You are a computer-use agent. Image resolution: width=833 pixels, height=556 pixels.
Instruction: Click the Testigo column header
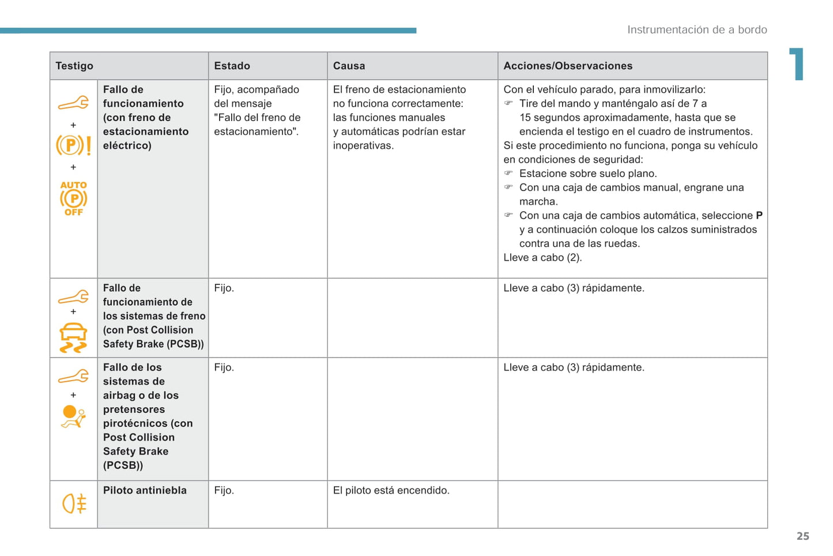[74, 66]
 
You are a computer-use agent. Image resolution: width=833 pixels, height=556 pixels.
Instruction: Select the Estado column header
[232, 66]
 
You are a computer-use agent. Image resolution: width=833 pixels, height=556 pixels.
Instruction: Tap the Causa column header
[349, 66]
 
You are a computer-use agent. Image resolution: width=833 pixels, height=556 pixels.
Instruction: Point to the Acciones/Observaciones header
[568, 66]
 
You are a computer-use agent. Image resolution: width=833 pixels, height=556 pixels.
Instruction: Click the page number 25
[802, 536]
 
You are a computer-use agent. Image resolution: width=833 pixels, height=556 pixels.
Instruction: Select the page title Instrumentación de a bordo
[697, 29]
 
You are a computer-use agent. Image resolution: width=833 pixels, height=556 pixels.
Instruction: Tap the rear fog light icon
[74, 504]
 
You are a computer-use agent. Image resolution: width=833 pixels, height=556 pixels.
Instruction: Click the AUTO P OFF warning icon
[74, 198]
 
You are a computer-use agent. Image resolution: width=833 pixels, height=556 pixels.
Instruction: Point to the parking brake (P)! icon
[73, 145]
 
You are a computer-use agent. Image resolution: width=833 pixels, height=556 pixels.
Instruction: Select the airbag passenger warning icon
[74, 416]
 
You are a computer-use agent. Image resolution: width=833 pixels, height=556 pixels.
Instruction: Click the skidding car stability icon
[73, 339]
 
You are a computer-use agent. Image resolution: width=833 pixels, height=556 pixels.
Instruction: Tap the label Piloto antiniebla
[145, 490]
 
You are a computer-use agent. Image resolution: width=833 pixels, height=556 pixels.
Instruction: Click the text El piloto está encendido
[391, 490]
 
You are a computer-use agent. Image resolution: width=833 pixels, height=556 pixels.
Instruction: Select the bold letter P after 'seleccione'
[759, 215]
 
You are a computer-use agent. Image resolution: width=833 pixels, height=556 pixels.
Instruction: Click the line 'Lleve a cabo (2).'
[542, 257]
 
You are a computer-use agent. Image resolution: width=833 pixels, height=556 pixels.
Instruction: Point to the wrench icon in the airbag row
[73, 377]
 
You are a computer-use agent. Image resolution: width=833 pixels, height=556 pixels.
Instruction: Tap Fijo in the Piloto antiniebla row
[224, 490]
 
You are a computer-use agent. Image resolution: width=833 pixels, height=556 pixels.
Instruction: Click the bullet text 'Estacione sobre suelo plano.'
[588, 174]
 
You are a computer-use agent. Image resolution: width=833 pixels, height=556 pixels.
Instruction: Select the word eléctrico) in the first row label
[127, 145]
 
